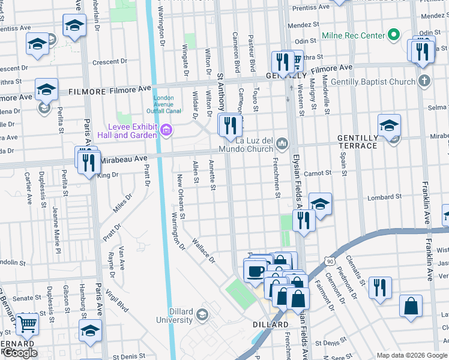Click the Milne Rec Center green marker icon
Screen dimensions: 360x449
coord(393,35)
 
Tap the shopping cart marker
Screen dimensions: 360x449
coord(27,323)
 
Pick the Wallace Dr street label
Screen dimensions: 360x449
coord(203,251)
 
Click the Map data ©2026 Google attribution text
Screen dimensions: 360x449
coord(412,355)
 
